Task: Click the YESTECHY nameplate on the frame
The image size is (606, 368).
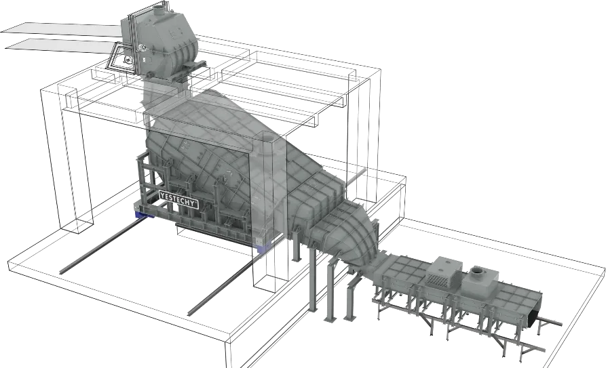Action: pos(178,199)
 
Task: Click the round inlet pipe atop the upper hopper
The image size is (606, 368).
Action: pos(159,9)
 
